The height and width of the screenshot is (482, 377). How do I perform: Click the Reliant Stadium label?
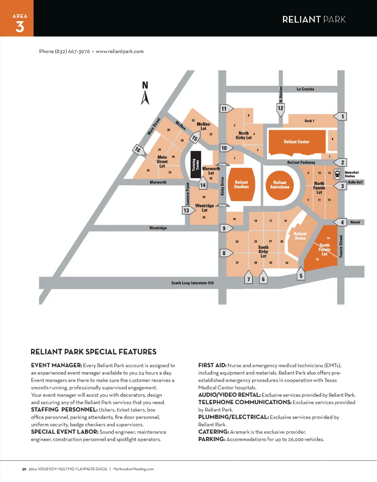pyautogui.click(x=241, y=184)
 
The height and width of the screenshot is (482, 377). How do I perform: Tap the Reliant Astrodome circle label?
pyautogui.click(x=280, y=184)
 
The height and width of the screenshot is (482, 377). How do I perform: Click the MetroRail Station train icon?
pyautogui.click(x=337, y=173)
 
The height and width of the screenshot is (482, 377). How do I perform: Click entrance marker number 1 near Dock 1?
pyautogui.click(x=342, y=117)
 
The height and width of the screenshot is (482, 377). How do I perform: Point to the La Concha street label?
pyautogui.click(x=305, y=89)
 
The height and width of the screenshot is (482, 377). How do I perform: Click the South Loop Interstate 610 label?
pyautogui.click(x=192, y=283)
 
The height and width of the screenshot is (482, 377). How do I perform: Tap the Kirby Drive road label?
pyautogui.click(x=222, y=186)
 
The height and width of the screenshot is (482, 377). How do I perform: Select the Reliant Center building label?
pyautogui.click(x=296, y=142)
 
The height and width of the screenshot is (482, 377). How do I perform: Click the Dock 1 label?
pyautogui.click(x=309, y=120)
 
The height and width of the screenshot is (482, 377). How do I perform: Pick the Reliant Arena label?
pyautogui.click(x=300, y=236)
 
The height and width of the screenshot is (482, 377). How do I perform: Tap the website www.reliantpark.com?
pyautogui.click(x=119, y=51)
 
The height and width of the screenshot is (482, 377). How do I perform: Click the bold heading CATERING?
pyautogui.click(x=214, y=432)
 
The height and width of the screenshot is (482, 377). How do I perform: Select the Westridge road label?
pyautogui.click(x=158, y=228)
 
